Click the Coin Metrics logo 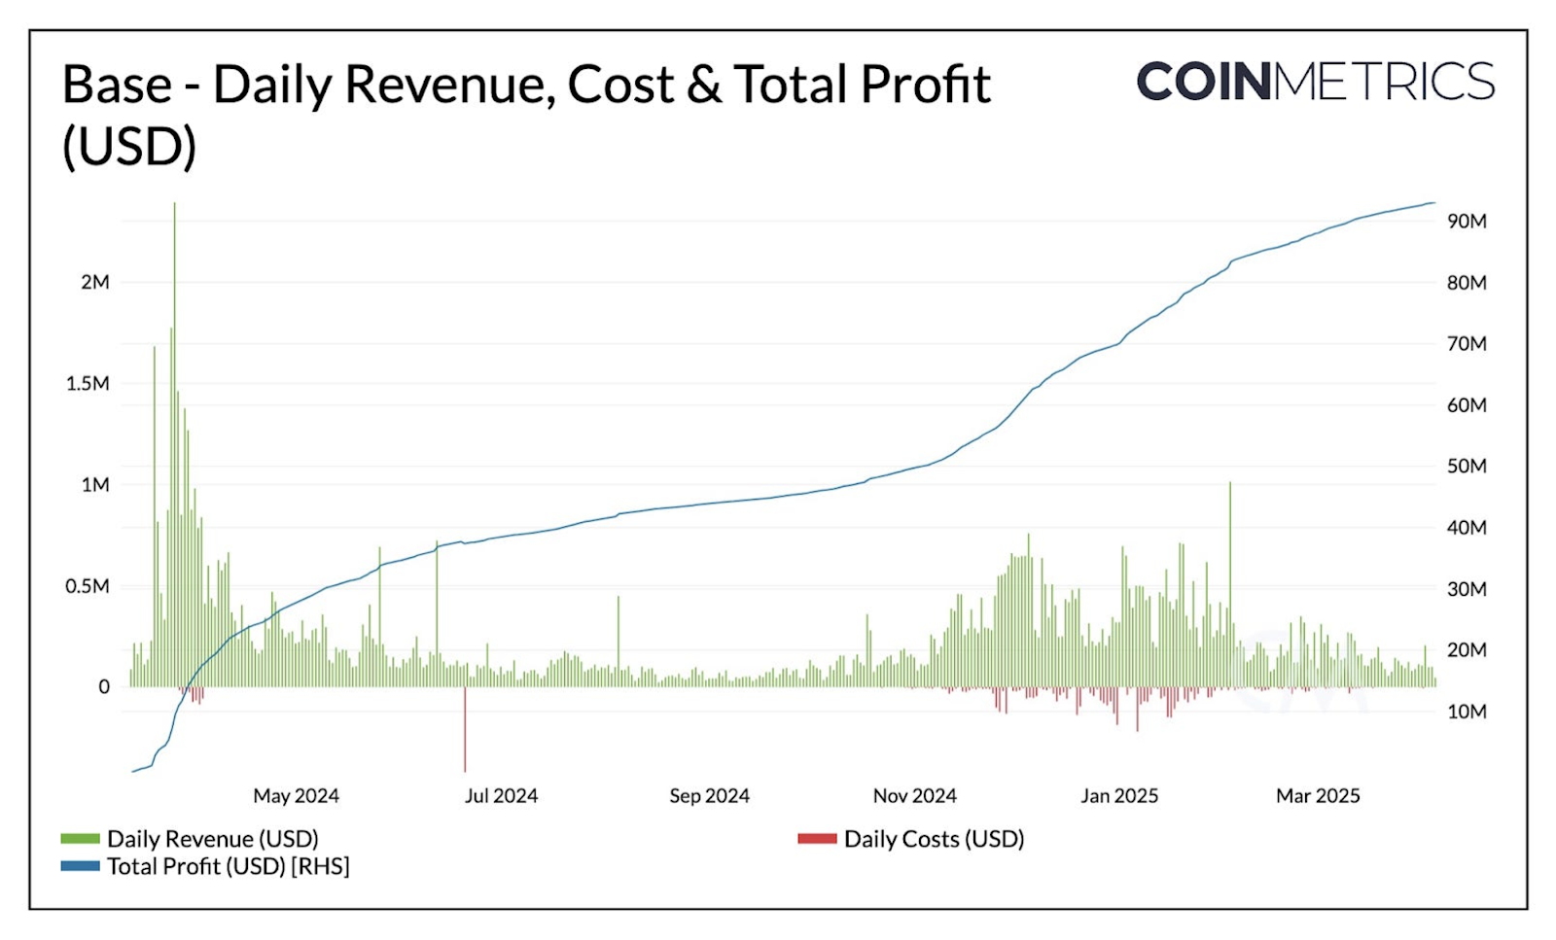1315,81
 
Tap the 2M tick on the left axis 95,282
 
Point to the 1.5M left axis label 88,383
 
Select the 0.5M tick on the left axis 88,586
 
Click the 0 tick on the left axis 104,686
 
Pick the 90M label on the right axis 1467,221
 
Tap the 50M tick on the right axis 1467,466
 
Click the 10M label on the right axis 1467,712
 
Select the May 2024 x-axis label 296,795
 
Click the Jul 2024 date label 501,795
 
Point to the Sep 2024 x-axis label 709,795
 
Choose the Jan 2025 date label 1119,795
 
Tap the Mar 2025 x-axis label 1318,795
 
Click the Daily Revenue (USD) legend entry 212,838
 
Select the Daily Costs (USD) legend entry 934,838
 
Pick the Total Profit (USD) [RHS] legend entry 228,865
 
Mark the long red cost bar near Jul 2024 466,729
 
